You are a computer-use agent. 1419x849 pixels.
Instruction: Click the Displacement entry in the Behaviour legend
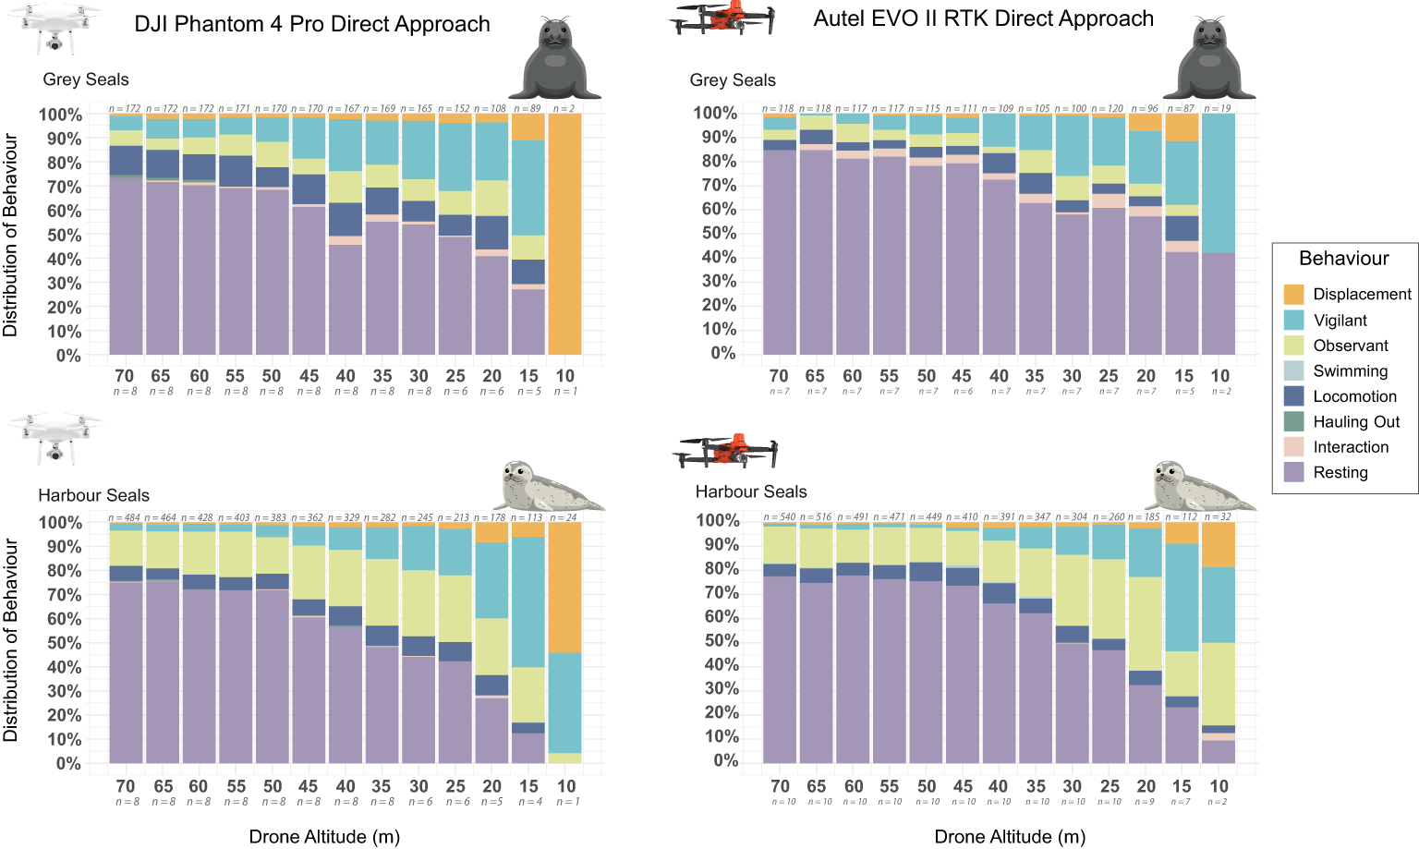[x=1362, y=295]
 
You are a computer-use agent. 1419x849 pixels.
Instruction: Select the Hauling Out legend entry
[x=1356, y=422]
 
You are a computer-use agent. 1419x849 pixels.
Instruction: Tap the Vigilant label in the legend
[x=1340, y=321]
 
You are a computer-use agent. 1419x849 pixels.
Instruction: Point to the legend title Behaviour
[x=1343, y=259]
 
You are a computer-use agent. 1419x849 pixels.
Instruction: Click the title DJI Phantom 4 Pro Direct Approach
[x=312, y=24]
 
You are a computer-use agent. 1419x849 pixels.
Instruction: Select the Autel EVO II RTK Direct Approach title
[x=983, y=18]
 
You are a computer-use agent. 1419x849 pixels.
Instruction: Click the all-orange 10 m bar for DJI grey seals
[x=564, y=234]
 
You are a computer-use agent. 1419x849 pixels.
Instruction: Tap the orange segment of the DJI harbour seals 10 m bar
[x=564, y=588]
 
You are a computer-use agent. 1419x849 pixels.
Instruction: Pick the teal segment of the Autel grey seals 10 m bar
[x=1219, y=183]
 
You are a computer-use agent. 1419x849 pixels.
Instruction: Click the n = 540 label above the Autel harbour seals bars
[x=780, y=517]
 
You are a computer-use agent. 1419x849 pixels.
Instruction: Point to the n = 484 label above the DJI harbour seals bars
[x=125, y=518]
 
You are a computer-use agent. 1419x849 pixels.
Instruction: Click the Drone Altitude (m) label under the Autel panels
[x=1010, y=837]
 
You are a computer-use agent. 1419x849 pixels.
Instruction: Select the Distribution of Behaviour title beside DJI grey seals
[x=10, y=235]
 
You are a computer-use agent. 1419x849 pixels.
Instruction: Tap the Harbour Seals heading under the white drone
[x=93, y=495]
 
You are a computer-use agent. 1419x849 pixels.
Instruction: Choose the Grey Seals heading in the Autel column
[x=733, y=80]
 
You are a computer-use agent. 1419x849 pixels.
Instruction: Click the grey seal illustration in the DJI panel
[x=559, y=60]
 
